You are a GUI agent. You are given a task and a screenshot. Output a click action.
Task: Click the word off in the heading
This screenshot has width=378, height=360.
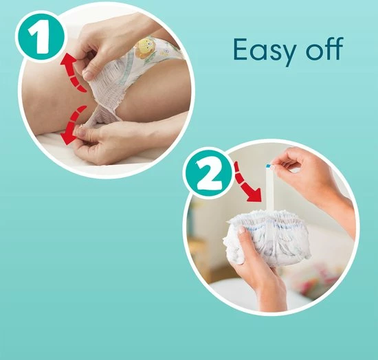point(325,49)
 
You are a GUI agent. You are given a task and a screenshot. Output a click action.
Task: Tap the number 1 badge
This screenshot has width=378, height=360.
point(41,36)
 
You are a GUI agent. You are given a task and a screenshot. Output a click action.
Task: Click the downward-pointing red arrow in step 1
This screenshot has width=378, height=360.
point(74,125)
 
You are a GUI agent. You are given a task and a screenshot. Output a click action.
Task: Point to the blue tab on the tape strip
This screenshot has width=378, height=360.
point(269,166)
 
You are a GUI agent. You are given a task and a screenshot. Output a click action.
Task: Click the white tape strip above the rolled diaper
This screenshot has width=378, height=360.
point(269,189)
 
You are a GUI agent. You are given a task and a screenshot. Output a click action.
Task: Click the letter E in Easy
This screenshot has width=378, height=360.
point(242,49)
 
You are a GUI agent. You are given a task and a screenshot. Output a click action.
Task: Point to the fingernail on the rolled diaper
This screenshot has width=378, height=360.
point(241,229)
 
